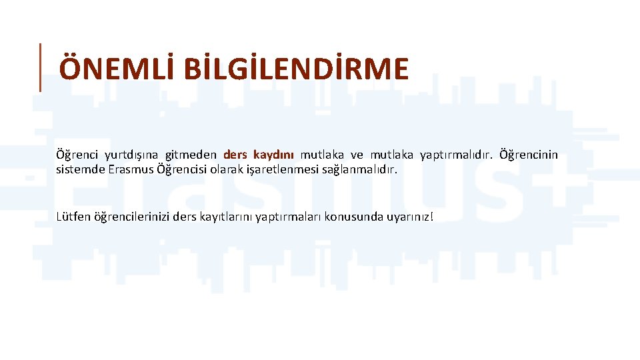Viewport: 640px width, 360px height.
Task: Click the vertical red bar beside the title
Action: (x=40, y=67)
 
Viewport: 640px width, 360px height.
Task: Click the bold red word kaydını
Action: (x=273, y=155)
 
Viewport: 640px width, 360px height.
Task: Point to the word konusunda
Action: (x=350, y=217)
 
